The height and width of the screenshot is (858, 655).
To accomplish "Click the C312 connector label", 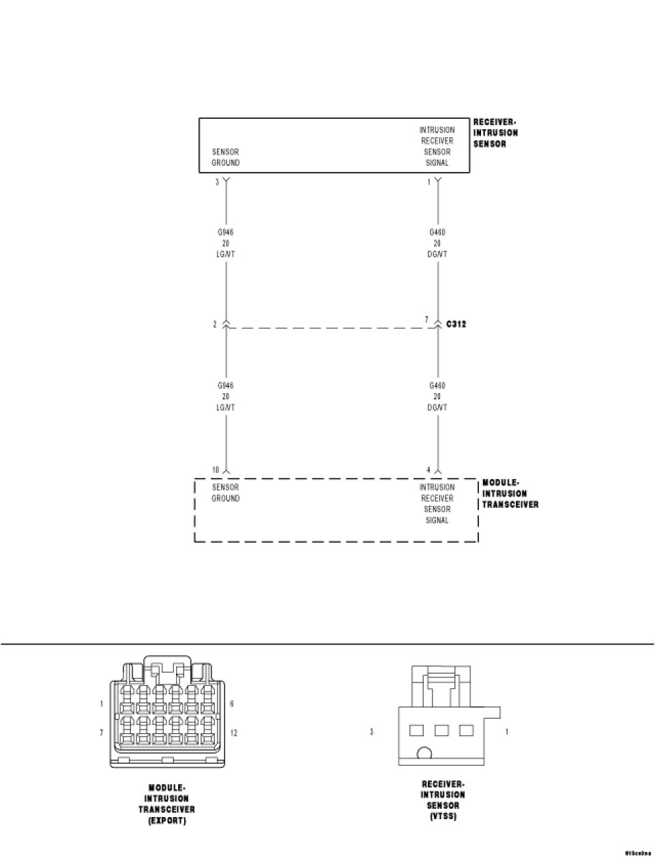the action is [x=455, y=324].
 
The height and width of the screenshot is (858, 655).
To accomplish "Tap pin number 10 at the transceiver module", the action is [x=216, y=470].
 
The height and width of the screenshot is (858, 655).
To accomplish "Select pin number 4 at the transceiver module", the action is [x=428, y=470].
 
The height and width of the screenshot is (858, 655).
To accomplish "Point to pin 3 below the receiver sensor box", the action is [x=217, y=182].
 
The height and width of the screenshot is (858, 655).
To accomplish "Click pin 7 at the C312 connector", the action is [x=426, y=319].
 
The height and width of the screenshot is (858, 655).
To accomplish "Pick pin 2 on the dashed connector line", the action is [x=214, y=324].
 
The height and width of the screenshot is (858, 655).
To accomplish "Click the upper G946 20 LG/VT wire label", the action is [x=225, y=243].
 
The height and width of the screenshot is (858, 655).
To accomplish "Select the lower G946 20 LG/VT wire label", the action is [x=225, y=397].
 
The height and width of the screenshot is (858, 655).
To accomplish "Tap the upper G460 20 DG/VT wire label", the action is [x=437, y=243].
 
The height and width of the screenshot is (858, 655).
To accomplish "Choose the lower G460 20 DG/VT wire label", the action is [x=437, y=397].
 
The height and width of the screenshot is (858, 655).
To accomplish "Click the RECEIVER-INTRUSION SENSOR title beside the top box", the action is [x=495, y=133].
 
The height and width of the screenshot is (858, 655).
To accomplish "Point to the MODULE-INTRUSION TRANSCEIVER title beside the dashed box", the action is [x=510, y=494].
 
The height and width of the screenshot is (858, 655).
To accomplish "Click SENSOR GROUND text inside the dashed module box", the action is [x=225, y=493].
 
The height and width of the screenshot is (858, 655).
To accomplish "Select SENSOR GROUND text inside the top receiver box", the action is [x=225, y=157].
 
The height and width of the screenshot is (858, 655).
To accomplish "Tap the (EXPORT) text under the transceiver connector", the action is [x=166, y=820].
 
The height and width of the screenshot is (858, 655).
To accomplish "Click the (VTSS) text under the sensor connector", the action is [x=443, y=816].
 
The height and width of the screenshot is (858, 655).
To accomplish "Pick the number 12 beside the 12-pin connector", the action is [x=234, y=733].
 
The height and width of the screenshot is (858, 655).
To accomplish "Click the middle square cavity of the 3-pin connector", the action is [x=441, y=730].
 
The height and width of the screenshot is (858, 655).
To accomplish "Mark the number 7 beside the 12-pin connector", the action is [x=101, y=733].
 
